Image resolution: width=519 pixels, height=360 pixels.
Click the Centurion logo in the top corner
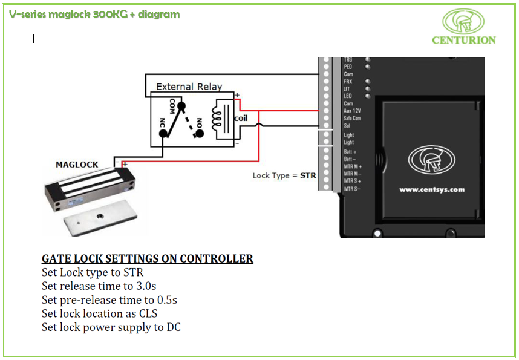click(x=463, y=27)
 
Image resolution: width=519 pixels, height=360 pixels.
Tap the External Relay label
click(x=189, y=87)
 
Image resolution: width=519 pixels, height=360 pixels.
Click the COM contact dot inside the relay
click(x=180, y=105)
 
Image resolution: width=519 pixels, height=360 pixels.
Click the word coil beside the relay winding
click(x=241, y=118)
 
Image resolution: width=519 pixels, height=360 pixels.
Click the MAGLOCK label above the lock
click(x=77, y=165)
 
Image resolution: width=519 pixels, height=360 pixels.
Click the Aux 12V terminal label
click(x=352, y=111)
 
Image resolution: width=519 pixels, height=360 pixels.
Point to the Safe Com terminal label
click(x=353, y=119)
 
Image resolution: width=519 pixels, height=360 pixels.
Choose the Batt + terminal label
click(x=350, y=152)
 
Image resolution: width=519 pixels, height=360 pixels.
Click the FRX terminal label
click(x=348, y=81)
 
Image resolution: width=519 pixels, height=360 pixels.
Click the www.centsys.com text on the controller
click(x=432, y=189)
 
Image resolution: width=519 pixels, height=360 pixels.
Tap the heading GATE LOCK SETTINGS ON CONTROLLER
click(x=148, y=259)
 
